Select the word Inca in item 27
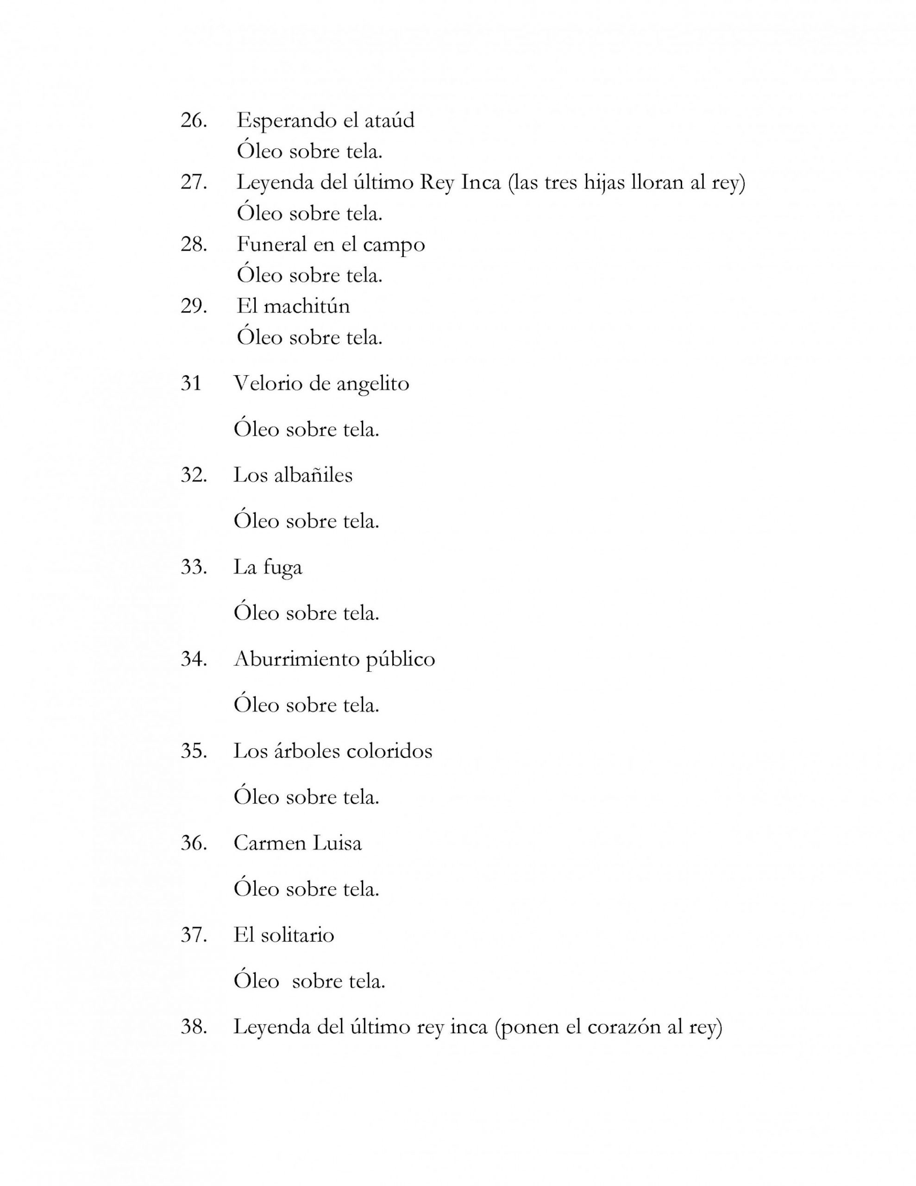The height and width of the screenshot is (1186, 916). (481, 182)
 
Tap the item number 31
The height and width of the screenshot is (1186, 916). (191, 384)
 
